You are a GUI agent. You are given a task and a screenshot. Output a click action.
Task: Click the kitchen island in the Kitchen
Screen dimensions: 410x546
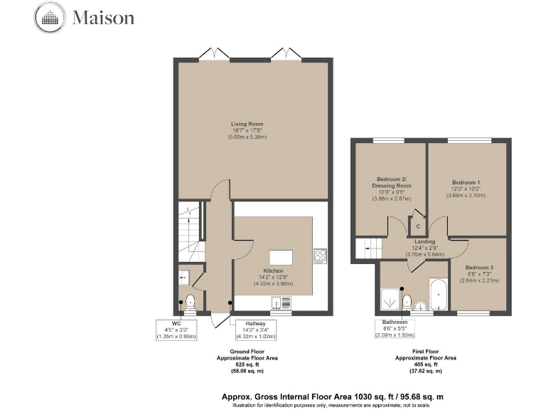coord(281,256)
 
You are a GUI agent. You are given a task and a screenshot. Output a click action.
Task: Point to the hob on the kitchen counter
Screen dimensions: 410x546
coord(319,255)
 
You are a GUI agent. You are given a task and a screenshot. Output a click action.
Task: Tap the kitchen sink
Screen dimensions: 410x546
coord(280,309)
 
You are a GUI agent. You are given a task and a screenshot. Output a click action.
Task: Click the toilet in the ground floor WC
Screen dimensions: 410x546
coord(190,300)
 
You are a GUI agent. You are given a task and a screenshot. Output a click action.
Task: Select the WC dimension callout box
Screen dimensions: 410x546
coord(175,330)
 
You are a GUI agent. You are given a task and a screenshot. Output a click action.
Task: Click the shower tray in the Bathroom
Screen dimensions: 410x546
coord(392,299)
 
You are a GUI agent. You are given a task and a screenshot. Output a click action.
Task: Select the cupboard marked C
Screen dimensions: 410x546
coord(417,226)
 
